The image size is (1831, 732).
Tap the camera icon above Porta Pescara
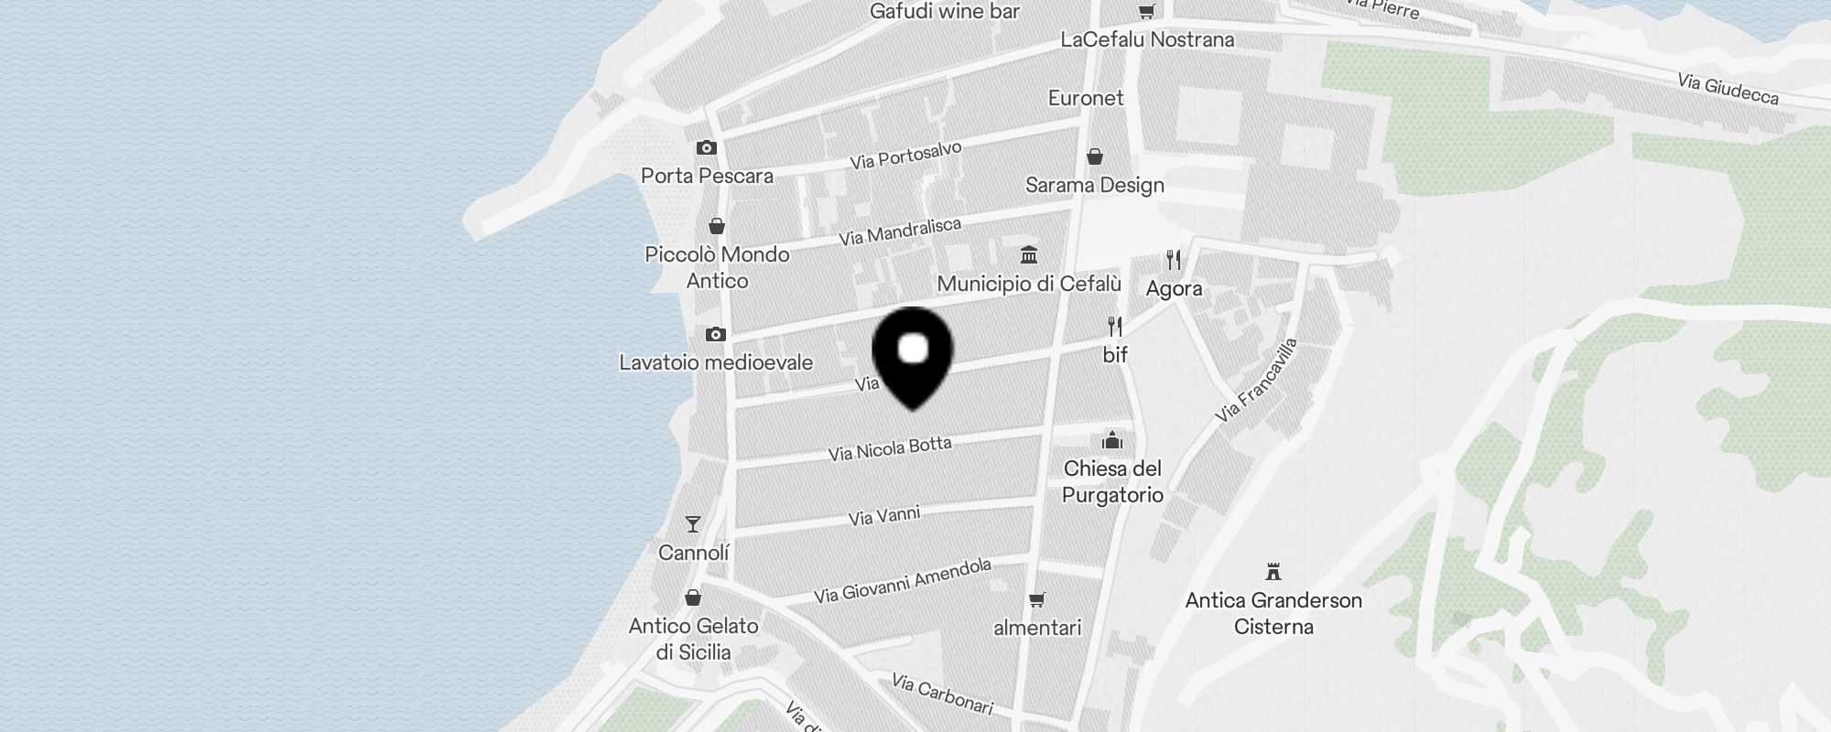tap(706, 147)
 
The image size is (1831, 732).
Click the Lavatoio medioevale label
tap(716, 362)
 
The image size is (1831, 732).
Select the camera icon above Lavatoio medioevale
tap(716, 335)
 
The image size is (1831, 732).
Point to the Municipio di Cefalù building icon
tap(1029, 254)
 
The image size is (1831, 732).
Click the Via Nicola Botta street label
tap(890, 448)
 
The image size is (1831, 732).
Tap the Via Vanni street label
tap(883, 517)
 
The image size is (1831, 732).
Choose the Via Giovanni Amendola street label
tap(902, 581)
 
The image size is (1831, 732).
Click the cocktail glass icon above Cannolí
tap(693, 524)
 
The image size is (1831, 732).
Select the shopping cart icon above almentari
tap(1036, 600)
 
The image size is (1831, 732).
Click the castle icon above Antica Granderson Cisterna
tap(1273, 572)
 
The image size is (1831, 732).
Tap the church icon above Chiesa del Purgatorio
tap(1112, 441)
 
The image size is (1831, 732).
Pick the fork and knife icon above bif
tap(1115, 327)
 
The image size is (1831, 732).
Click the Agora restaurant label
tap(1174, 289)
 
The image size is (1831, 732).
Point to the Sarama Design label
tap(1094, 185)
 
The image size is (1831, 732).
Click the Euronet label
tap(1086, 98)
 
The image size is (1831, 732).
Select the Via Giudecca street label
tap(1728, 90)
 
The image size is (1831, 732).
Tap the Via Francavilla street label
tap(1256, 381)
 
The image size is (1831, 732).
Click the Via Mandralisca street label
tap(900, 231)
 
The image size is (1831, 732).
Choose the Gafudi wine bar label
tap(945, 12)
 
